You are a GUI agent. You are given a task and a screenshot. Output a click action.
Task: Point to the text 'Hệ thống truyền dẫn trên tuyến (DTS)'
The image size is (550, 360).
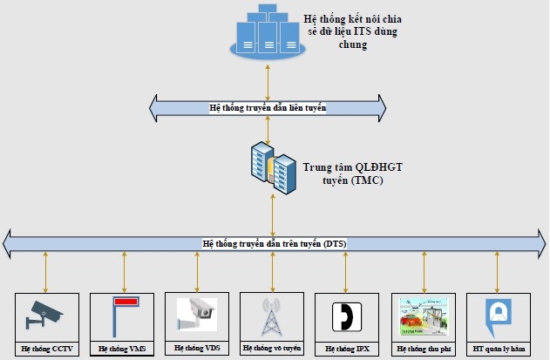tap(274, 244)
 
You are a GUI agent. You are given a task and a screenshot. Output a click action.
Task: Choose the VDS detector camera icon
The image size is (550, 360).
tap(196, 313)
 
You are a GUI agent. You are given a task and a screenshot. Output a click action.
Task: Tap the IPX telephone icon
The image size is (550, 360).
tap(346, 315)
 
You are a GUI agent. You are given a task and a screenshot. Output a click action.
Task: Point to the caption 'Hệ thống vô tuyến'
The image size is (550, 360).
tap(272, 349)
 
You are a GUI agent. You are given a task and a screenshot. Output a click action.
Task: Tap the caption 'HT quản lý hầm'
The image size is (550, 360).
tap(497, 348)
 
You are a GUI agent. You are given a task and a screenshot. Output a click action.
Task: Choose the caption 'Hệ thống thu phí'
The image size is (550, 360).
tap(423, 348)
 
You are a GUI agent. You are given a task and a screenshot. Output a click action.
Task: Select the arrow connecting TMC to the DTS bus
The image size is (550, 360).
tap(274, 209)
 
